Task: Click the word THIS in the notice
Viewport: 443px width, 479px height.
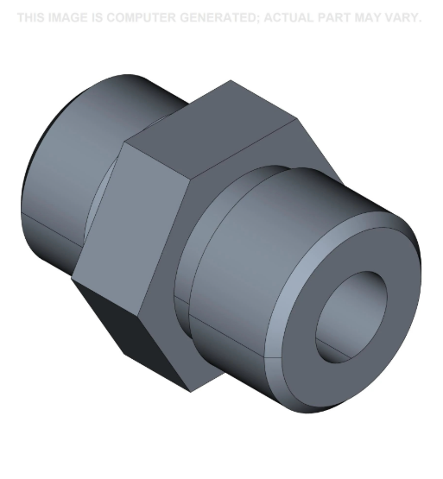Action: (x=31, y=17)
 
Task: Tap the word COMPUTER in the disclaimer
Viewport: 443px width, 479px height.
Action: (x=147, y=17)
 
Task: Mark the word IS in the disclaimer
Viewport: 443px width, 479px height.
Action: (x=98, y=17)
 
